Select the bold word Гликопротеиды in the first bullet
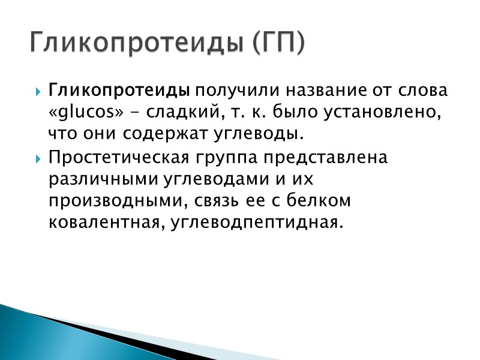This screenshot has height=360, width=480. pyautogui.click(x=119, y=91)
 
